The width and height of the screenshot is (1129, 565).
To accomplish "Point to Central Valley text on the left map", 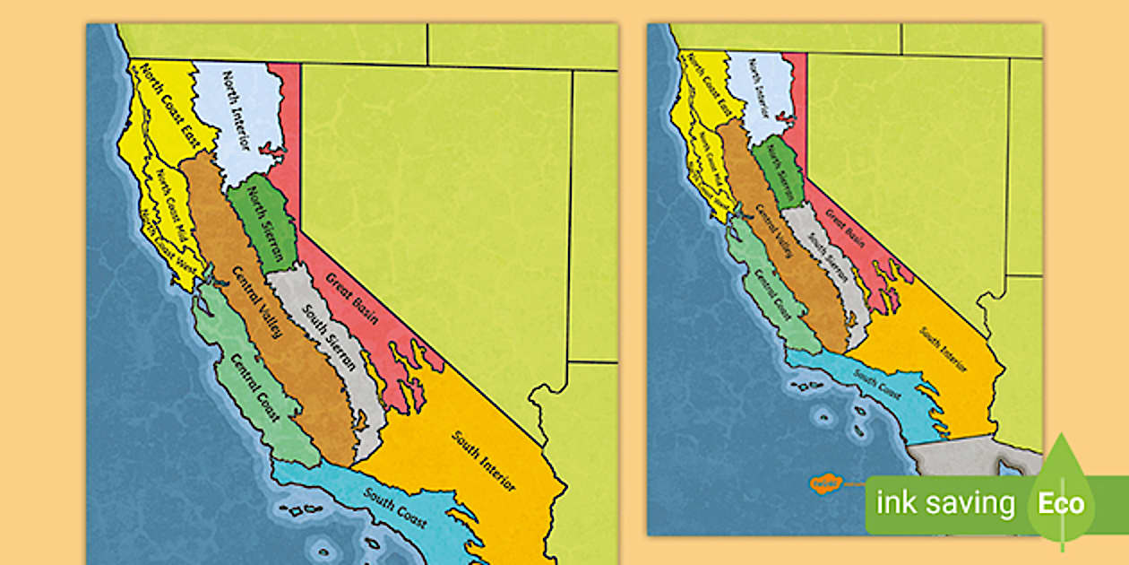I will pos(256,302).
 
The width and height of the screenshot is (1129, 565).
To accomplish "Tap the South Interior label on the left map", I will pos(485,462).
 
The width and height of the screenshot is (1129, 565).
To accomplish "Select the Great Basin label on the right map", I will pos(844,228).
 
